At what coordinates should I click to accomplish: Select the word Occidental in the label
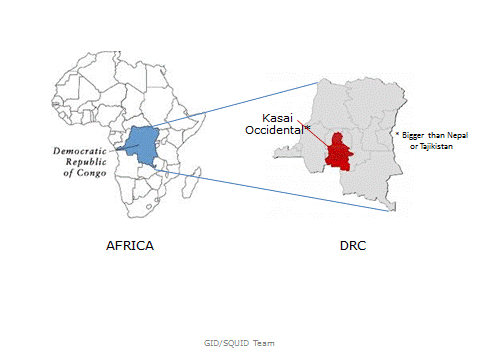click(x=274, y=130)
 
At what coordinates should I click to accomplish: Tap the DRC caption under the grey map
click(x=352, y=245)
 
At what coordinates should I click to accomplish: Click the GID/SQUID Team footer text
click(x=239, y=342)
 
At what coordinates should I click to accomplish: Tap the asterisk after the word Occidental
click(x=307, y=128)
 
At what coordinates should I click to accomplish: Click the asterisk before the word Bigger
click(x=396, y=133)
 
